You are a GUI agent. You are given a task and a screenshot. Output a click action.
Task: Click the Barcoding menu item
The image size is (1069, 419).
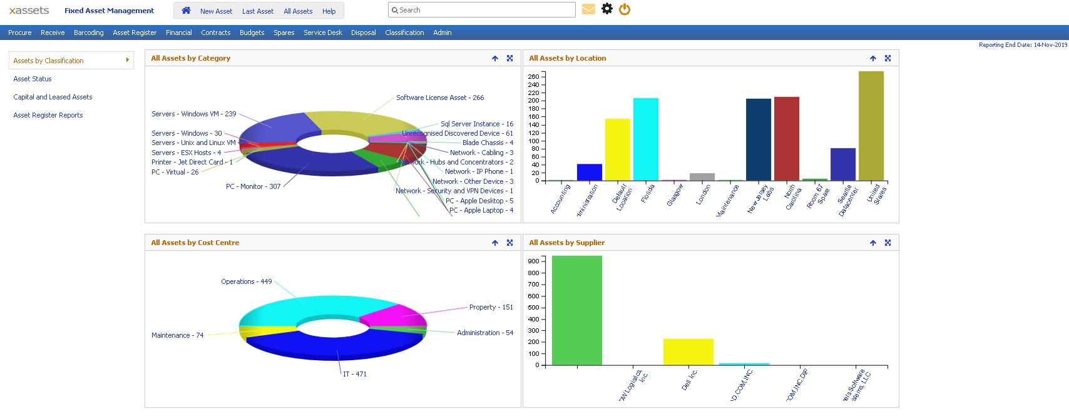click(88, 33)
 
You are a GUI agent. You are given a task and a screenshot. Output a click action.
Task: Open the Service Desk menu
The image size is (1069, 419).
click(322, 33)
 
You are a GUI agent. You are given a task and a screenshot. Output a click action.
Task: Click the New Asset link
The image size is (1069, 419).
click(216, 11)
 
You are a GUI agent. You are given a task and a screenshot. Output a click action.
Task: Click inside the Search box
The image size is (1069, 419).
click(482, 10)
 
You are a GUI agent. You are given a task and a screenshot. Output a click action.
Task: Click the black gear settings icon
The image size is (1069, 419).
click(606, 9)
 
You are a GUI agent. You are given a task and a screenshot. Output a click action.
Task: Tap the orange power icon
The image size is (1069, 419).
click(625, 9)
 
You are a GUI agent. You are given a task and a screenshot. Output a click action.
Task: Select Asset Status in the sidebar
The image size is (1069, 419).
click(33, 79)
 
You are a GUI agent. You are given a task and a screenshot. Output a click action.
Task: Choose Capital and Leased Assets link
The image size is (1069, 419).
click(53, 97)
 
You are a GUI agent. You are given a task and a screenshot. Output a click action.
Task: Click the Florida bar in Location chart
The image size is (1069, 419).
click(645, 139)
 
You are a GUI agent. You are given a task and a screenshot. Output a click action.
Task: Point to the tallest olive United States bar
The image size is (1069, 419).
click(871, 125)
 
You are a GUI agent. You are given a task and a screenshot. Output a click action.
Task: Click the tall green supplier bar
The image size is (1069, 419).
click(576, 310)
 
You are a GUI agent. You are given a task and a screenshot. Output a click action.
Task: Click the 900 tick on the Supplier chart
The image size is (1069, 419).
click(533, 261)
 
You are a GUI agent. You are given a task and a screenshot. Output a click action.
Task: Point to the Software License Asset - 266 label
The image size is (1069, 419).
click(440, 98)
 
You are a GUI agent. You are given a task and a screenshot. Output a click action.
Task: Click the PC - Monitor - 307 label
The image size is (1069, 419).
click(253, 186)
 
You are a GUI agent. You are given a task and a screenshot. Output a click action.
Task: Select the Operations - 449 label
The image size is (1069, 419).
click(246, 281)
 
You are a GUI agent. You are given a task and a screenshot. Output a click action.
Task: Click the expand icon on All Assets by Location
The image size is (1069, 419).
click(887, 58)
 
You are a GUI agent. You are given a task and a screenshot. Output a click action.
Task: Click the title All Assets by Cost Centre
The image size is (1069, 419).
click(195, 243)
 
